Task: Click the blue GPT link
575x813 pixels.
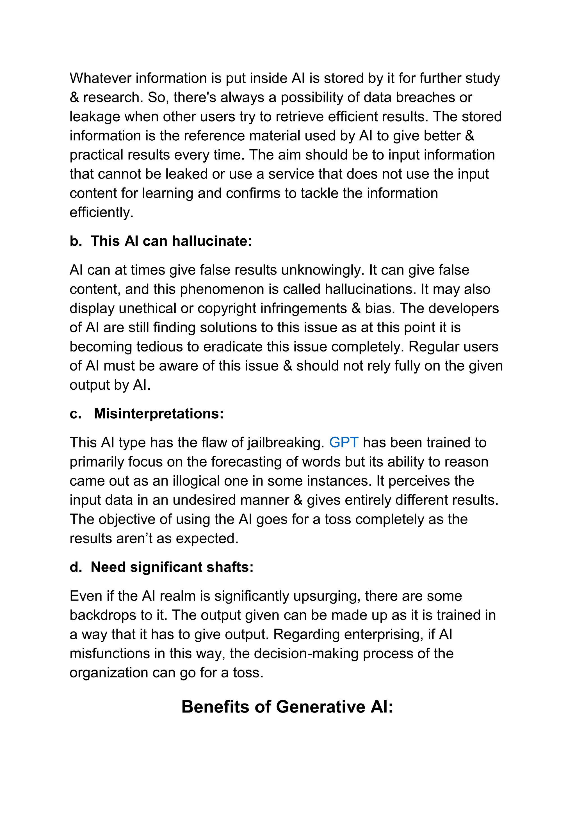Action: [x=343, y=443]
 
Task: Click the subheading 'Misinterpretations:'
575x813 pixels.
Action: [x=159, y=414]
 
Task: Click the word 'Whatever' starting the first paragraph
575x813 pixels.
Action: [x=100, y=78]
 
